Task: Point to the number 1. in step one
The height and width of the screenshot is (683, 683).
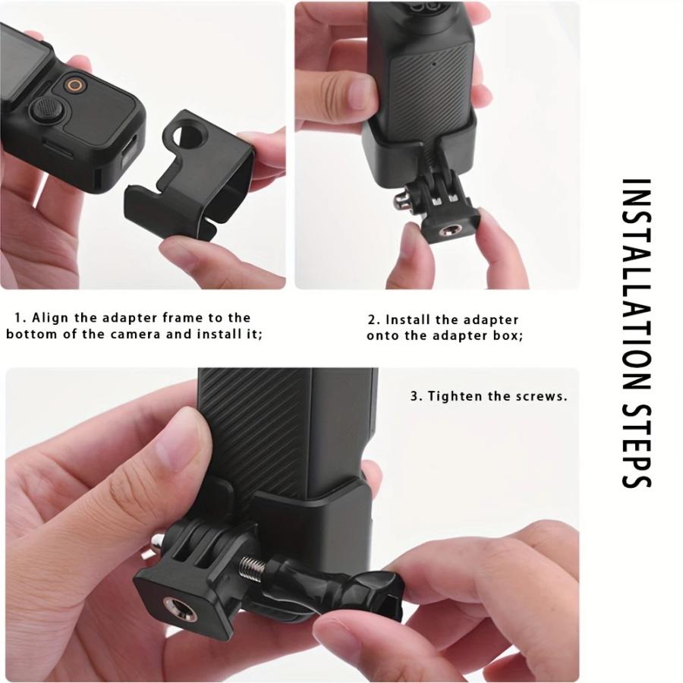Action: (x=20, y=318)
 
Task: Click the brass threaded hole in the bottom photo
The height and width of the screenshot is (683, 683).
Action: (x=179, y=606)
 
